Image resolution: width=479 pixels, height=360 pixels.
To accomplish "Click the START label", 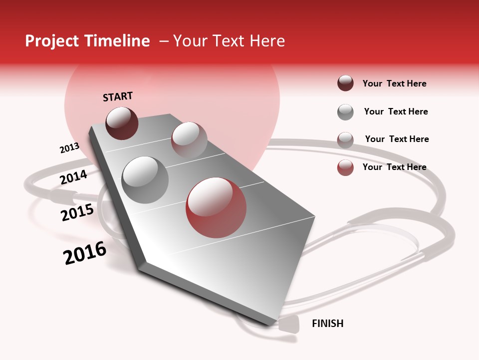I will (118, 96).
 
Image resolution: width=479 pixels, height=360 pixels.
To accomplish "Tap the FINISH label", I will (327, 323).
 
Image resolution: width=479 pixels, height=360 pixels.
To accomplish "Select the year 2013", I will (69, 148).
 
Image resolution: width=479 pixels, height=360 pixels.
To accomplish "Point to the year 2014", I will (73, 177).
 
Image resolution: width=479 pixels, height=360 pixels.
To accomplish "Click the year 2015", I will (77, 212).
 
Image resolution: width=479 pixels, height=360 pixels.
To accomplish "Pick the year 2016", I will (85, 252).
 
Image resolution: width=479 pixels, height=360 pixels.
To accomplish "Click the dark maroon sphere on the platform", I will (122, 123).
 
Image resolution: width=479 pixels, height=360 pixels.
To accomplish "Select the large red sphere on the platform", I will (216, 207).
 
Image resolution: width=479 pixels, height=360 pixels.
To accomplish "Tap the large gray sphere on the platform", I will (145, 179).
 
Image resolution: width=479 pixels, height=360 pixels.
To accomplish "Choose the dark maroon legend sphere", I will (345, 83).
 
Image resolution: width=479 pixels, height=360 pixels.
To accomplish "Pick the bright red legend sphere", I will (345, 167).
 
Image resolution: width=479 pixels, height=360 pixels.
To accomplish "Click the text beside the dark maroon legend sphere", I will (394, 83).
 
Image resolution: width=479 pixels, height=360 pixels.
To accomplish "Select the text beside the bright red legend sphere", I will (394, 167).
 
